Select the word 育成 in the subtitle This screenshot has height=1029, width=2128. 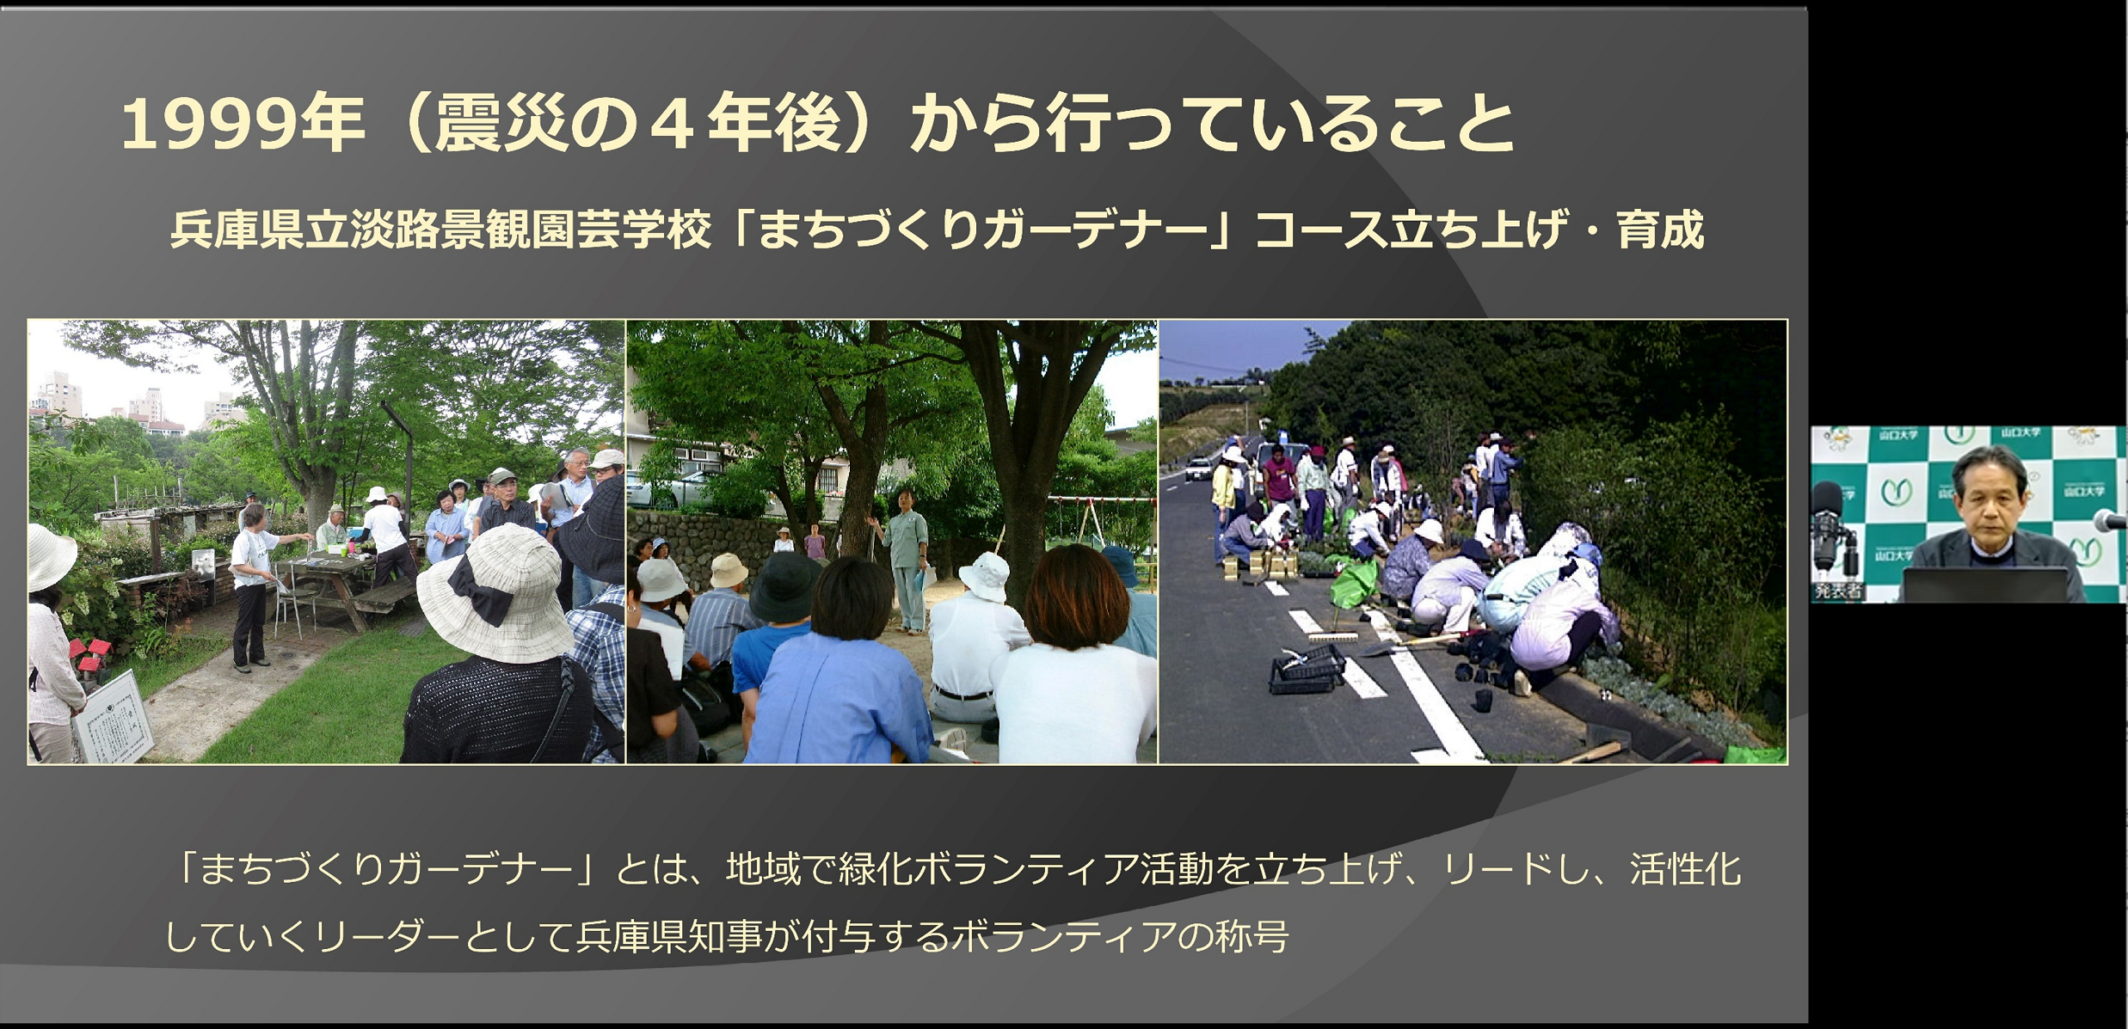click(x=1660, y=230)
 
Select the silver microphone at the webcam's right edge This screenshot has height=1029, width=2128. click(x=2112, y=520)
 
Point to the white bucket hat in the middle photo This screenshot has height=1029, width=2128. click(x=984, y=574)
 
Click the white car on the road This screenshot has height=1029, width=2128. click(x=1198, y=468)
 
